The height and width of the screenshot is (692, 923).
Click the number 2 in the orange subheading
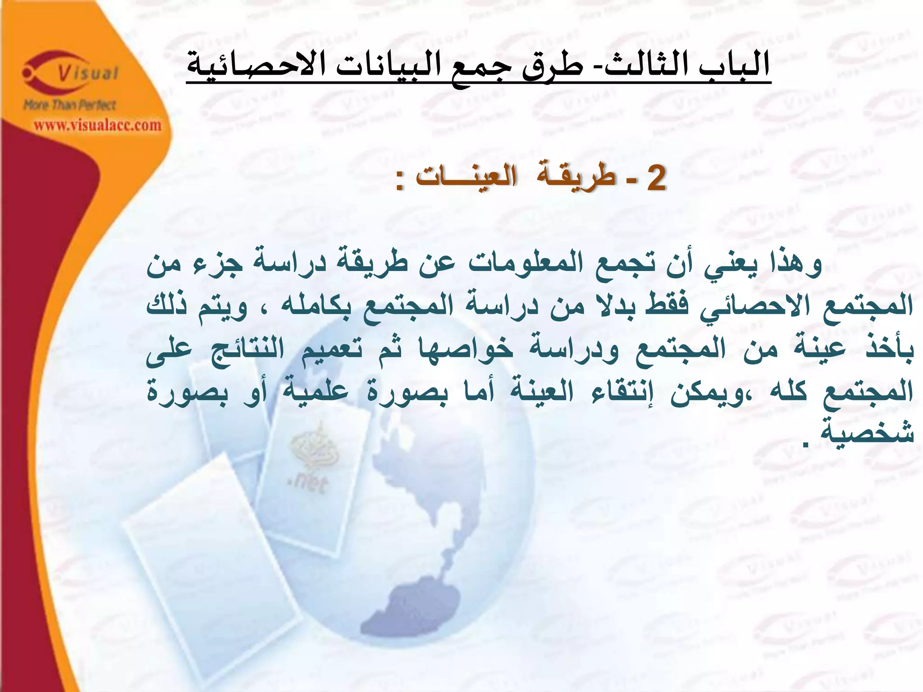point(656,178)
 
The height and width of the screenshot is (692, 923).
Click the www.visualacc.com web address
point(97,125)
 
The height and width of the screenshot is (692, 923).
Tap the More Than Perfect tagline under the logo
point(70,105)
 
